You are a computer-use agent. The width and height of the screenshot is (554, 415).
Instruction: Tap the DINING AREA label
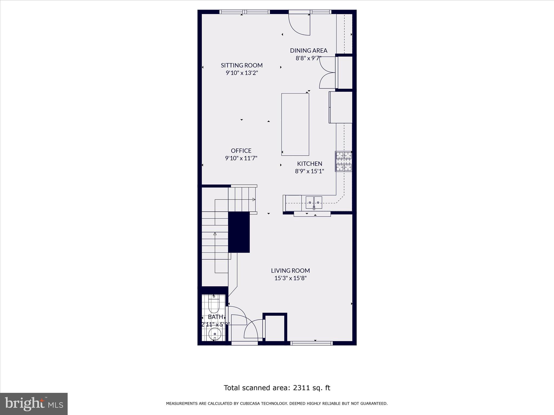[308, 51]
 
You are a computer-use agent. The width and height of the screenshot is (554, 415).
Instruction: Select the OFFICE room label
[241, 150]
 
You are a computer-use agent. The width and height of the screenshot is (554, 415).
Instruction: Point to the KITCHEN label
[309, 163]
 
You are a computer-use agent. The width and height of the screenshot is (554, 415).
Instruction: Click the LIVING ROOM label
[290, 270]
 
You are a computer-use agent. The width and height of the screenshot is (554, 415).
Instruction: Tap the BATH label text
[215, 317]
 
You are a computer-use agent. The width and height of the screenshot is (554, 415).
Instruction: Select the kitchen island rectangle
[295, 124]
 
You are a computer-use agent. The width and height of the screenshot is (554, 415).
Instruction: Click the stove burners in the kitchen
[344, 161]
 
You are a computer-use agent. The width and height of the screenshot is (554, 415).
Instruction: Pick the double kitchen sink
[314, 202]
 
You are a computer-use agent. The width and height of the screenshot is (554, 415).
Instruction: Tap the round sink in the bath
[215, 334]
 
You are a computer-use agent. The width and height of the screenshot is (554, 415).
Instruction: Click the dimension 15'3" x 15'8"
[290, 278]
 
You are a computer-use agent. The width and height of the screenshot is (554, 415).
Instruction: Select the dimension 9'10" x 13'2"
[242, 73]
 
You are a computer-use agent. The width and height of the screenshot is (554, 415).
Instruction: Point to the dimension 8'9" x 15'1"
[309, 171]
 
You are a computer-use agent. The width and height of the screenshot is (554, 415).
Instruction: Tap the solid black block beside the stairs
[239, 232]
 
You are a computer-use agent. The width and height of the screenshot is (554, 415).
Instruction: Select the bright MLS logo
[34, 404]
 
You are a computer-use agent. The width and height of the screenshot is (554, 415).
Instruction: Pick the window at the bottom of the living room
[311, 343]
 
